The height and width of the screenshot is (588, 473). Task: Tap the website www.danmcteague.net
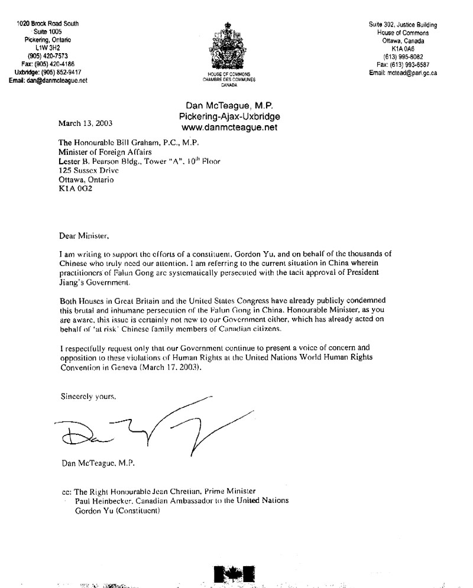pos(230,126)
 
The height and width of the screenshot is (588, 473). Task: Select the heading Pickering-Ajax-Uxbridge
pos(230,116)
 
